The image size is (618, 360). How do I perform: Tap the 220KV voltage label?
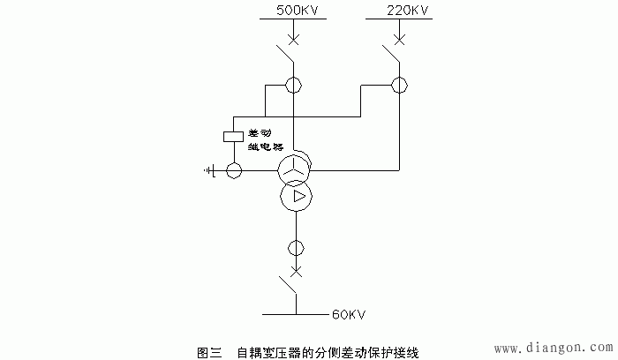pyautogui.click(x=408, y=10)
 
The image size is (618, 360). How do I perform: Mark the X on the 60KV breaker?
pyautogui.click(x=296, y=270)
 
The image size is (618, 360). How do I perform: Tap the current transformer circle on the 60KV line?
pyautogui.click(x=296, y=247)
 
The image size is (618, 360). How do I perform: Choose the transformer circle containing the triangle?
pyautogui.click(x=296, y=195)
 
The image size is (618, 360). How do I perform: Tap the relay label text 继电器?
pyautogui.click(x=265, y=147)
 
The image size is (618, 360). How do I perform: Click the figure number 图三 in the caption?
pyautogui.click(x=208, y=351)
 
